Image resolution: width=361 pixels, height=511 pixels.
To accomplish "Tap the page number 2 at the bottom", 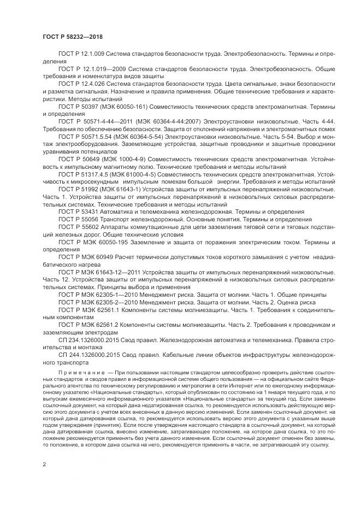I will (x=44, y=465).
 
